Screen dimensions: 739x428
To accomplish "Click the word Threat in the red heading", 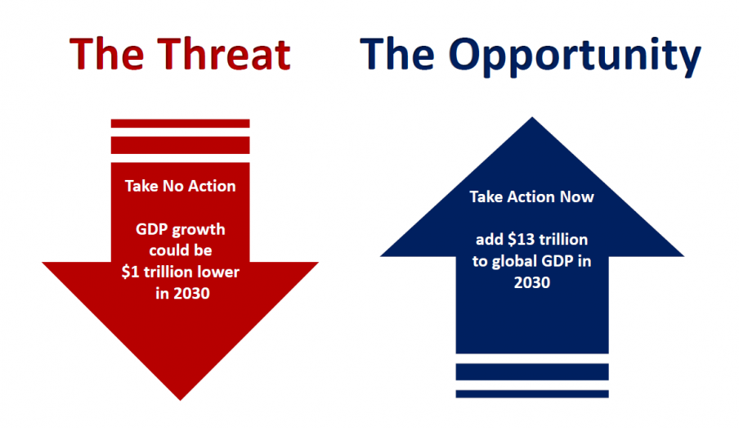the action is tap(223, 54).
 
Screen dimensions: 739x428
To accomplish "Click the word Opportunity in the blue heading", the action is tap(575, 56).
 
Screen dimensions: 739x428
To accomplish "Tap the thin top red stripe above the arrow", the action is tap(180, 124).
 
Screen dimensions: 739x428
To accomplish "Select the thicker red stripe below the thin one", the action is tap(180, 146).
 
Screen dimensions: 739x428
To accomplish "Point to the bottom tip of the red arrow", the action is tap(180, 400).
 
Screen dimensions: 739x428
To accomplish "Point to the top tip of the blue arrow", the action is tap(532, 117).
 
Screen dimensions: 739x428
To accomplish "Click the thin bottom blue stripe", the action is tap(532, 394).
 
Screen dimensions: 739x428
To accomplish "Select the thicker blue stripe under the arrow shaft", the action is tap(532, 372).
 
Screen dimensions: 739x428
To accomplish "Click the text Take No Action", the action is tap(180, 186).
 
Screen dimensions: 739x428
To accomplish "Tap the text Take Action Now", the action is tap(531, 196).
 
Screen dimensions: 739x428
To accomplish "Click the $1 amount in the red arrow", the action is tap(130, 272).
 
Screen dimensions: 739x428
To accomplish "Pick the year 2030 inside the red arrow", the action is tap(191, 294).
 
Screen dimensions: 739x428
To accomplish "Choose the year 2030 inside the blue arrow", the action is tap(532, 282).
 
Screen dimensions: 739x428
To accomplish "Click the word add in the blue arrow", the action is tap(490, 239).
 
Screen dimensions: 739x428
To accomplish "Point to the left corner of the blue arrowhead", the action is tap(380, 256).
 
